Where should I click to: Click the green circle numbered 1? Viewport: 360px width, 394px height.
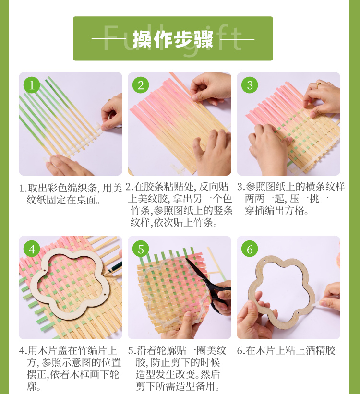pyautogui.click(x=32, y=85)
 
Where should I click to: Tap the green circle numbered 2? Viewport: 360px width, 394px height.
pyautogui.click(x=141, y=85)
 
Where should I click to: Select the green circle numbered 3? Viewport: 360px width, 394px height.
pyautogui.click(x=250, y=85)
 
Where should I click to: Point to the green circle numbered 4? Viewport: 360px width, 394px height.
pyautogui.click(x=32, y=249)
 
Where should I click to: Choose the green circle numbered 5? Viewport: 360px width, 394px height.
pyautogui.click(x=141, y=249)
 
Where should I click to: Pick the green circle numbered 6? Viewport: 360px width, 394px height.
pyautogui.click(x=250, y=249)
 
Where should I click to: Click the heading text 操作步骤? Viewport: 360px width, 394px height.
pyautogui.click(x=173, y=39)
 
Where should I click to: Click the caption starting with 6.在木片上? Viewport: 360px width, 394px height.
pyautogui.click(x=286, y=350)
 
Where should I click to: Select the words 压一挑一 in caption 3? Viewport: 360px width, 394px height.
pyautogui.click(x=309, y=199)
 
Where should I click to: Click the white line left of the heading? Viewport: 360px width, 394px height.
pyautogui.click(x=109, y=39)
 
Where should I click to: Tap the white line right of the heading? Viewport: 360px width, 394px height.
pyautogui.click(x=237, y=39)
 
